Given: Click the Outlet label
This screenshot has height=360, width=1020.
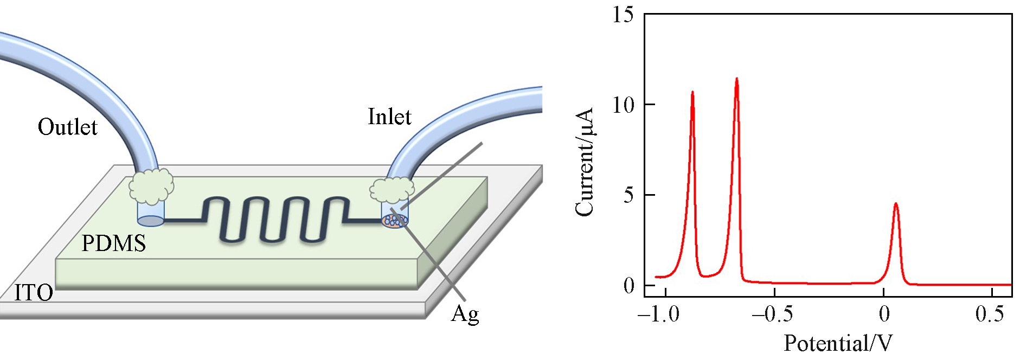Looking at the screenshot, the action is [67, 127].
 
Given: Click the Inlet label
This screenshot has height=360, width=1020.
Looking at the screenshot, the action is [389, 117].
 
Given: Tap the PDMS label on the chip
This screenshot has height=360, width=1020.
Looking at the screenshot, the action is [114, 243].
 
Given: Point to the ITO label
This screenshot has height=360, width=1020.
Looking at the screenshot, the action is [34, 293].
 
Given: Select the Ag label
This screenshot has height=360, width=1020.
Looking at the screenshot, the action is [465, 314].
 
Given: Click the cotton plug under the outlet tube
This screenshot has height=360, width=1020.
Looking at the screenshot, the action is [151, 185].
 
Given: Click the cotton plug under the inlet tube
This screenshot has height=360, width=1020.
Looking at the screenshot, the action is [392, 190].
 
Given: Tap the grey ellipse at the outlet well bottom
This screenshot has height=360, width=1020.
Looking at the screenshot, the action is [151, 221].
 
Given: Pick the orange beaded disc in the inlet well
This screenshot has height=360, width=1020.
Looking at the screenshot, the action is [394, 221].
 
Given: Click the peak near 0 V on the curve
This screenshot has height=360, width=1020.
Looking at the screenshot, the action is [896, 204].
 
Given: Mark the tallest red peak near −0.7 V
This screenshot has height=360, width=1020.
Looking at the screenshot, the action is [736, 79].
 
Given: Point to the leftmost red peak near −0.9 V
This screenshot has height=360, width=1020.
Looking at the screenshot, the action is [692, 93].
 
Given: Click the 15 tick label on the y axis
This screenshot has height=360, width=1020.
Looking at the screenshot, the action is [623, 15].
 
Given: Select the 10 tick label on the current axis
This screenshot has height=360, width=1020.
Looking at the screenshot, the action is [623, 105].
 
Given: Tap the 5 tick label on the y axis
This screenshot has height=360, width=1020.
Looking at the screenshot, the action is [628, 195].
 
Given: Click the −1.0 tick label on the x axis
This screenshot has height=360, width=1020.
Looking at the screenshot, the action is [658, 314].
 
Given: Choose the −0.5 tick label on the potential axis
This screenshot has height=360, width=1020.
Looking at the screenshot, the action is [772, 314].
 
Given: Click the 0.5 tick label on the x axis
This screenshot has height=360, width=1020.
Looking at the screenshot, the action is [990, 314].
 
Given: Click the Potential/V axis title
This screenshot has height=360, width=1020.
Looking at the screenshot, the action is [838, 343].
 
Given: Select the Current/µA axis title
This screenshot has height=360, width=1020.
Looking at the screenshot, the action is [585, 162].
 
